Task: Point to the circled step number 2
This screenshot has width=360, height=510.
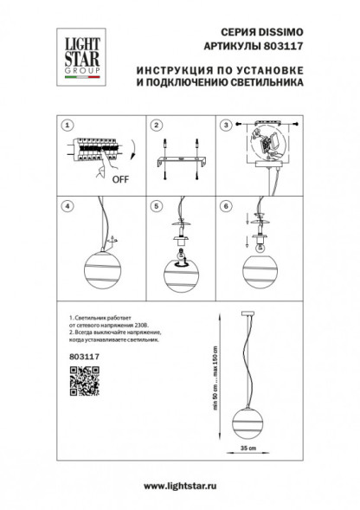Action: (157, 125)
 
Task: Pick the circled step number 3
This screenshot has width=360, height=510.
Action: (228, 125)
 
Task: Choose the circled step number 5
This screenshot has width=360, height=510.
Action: (157, 206)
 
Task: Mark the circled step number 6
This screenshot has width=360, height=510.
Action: (228, 206)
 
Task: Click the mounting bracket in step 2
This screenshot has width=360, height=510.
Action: (181, 161)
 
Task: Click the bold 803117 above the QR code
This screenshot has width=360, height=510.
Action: (80, 353)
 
